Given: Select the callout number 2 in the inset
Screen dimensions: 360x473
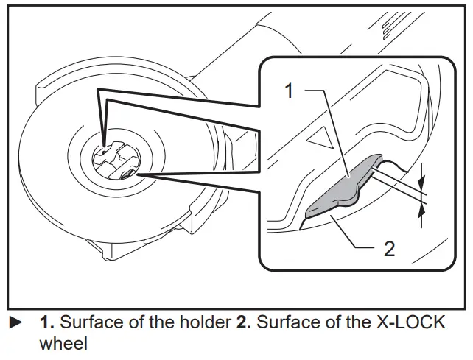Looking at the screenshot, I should click(388, 248).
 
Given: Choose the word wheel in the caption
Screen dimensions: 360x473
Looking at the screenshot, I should click(63, 344).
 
